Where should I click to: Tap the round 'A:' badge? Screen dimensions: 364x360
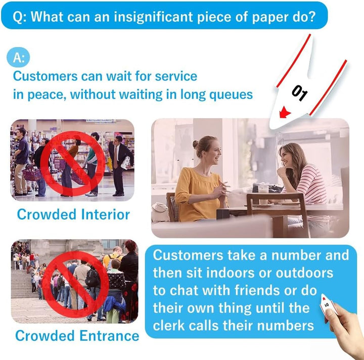pos(18,57)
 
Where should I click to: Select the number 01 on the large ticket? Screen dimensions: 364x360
pos(300,93)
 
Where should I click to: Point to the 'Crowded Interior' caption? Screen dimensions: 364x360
pos(73,214)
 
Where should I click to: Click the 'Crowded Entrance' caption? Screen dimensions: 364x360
pos(77,336)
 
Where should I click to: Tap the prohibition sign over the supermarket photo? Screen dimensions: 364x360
pos(72,163)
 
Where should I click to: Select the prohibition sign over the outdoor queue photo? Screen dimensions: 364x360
pos(76,285)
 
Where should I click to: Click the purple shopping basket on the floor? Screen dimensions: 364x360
pos(32,173)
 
